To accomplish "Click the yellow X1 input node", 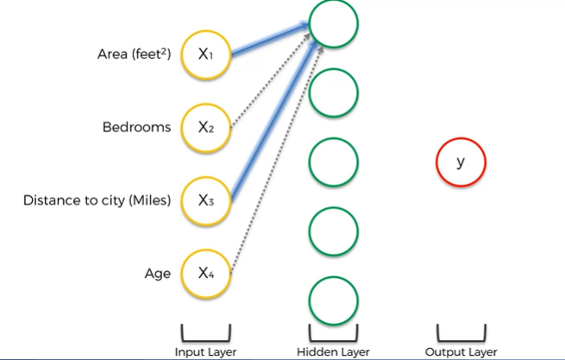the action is pyautogui.click(x=205, y=54).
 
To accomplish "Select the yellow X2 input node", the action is pyautogui.click(x=205, y=127).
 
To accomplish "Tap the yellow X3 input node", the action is pyautogui.click(x=205, y=200).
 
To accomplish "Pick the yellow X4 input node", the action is pyautogui.click(x=205, y=274).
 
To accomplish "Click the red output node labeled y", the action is pyautogui.click(x=461, y=161).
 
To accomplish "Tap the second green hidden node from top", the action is pyautogui.click(x=332, y=92).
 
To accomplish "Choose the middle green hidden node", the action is pyautogui.click(x=332, y=161).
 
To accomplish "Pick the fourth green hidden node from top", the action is pyautogui.click(x=332, y=231).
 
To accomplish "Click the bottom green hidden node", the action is pyautogui.click(x=332, y=300).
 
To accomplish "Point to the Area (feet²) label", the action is pyautogui.click(x=134, y=54).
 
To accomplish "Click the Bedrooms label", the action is pyautogui.click(x=136, y=128).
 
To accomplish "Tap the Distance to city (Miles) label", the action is pyautogui.click(x=97, y=201).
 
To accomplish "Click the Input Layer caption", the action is pyautogui.click(x=205, y=351).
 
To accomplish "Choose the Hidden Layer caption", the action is pyautogui.click(x=332, y=351).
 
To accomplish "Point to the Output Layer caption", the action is pyautogui.click(x=461, y=351).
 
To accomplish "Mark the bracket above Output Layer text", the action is pyautogui.click(x=461, y=334).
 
